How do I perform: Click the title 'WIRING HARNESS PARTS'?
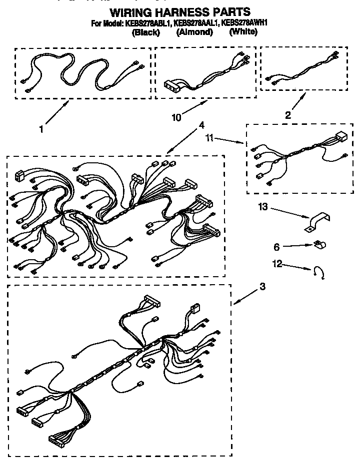[179, 11]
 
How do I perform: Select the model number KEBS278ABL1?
[147, 23]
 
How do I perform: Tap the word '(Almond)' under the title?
[194, 32]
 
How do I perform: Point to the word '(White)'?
[243, 32]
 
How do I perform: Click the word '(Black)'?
[145, 32]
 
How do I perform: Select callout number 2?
[287, 115]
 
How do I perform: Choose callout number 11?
[210, 137]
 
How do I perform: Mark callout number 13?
[263, 206]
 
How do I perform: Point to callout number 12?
[277, 264]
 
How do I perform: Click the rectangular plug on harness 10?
[172, 86]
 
